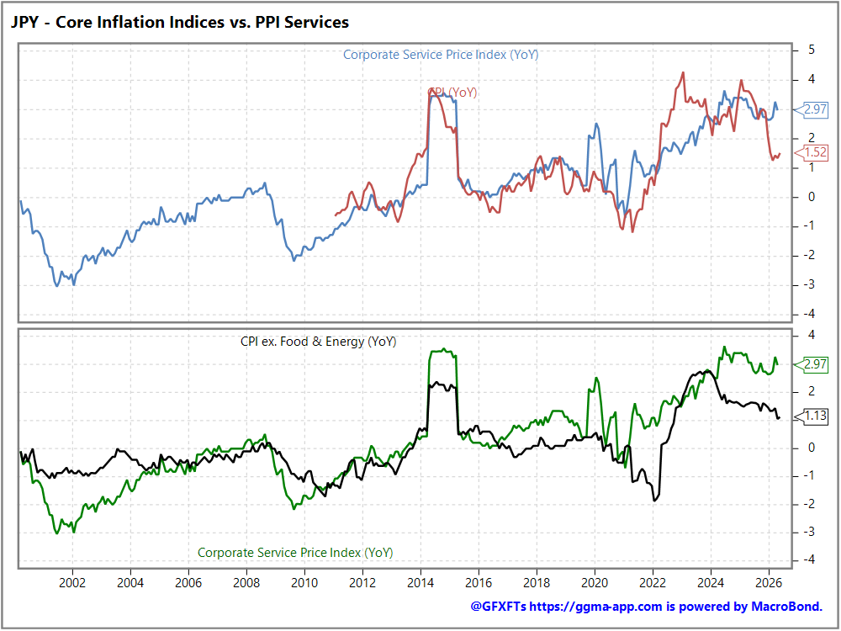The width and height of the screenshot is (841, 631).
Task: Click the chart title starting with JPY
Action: (x=180, y=22)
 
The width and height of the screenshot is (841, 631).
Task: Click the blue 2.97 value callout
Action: (x=811, y=109)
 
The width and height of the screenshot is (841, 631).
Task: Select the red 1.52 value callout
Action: (x=811, y=152)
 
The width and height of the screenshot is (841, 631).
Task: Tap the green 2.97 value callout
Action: (x=811, y=364)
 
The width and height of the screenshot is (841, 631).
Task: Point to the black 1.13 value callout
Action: (x=811, y=416)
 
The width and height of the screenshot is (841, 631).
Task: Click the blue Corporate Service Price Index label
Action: (x=441, y=55)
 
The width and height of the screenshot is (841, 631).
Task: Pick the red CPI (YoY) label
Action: (x=452, y=93)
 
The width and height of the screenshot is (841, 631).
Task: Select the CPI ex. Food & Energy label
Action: (x=318, y=342)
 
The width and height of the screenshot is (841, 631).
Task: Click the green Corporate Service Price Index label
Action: (x=295, y=553)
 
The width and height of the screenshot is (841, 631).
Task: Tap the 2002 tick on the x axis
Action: (x=72, y=583)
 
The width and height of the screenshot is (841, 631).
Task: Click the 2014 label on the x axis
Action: (x=420, y=583)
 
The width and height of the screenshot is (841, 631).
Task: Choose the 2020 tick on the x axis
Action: (x=595, y=583)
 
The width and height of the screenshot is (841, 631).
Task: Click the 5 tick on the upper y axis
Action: (x=811, y=50)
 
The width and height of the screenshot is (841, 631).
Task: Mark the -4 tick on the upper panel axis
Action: (x=809, y=313)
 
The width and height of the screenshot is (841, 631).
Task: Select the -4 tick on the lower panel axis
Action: (x=809, y=559)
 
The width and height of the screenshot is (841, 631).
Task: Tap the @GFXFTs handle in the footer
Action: (x=498, y=607)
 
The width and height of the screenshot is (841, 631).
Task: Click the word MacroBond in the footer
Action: (x=787, y=607)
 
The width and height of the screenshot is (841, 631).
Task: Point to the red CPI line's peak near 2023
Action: (x=683, y=73)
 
